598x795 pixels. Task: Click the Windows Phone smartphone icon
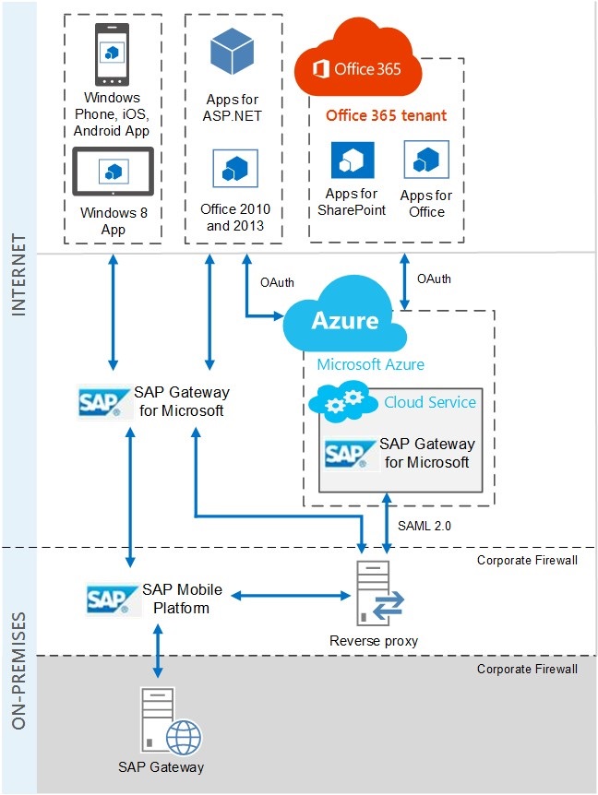(113, 53)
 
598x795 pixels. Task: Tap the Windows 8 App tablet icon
(114, 171)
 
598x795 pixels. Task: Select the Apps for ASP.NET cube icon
(232, 52)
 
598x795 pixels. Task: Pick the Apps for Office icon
(425, 160)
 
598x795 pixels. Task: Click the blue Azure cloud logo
(344, 321)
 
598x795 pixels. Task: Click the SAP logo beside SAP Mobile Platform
(112, 599)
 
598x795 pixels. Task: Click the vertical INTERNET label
(18, 277)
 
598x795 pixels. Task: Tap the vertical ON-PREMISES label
(18, 668)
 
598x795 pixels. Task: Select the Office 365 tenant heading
(386, 116)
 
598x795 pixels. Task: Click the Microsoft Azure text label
(370, 364)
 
